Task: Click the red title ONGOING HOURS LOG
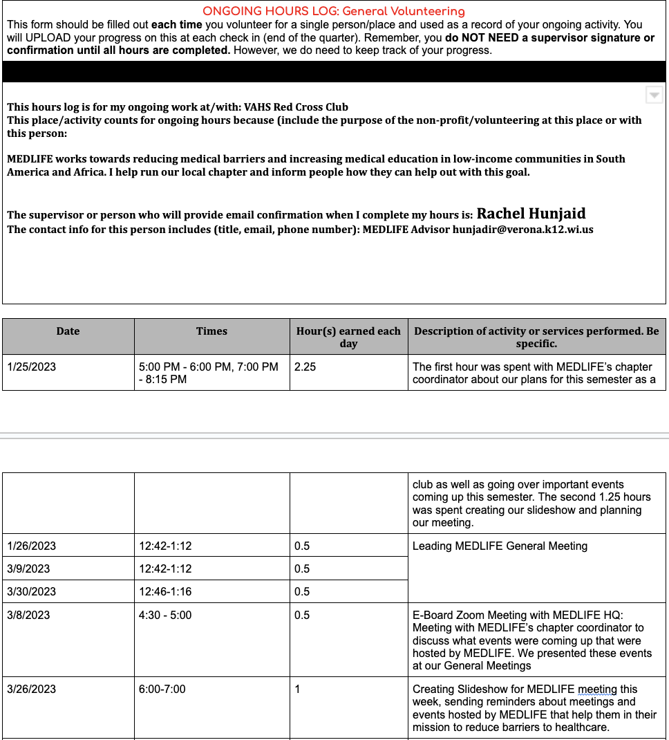pyautogui.click(x=333, y=11)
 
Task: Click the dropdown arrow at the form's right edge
pyautogui.click(x=654, y=95)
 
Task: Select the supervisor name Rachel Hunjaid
pyautogui.click(x=531, y=214)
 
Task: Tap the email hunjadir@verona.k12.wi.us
pyautogui.click(x=522, y=230)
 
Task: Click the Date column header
pyautogui.click(x=68, y=331)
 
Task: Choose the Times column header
pyautogui.click(x=211, y=331)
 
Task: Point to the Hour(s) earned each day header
pyautogui.click(x=348, y=337)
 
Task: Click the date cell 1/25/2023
pyautogui.click(x=31, y=367)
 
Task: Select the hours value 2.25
pyautogui.click(x=305, y=367)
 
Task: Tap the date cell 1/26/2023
pyautogui.click(x=31, y=546)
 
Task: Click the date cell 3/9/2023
pyautogui.click(x=28, y=568)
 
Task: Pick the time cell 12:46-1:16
pyautogui.click(x=165, y=591)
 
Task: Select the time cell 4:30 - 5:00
pyautogui.click(x=165, y=615)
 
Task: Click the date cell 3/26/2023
pyautogui.click(x=31, y=689)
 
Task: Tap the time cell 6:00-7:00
pyautogui.click(x=162, y=689)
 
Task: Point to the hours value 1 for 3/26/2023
pyautogui.click(x=297, y=689)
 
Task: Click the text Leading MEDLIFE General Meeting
pyautogui.click(x=500, y=546)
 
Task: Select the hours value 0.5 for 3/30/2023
pyautogui.click(x=302, y=591)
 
